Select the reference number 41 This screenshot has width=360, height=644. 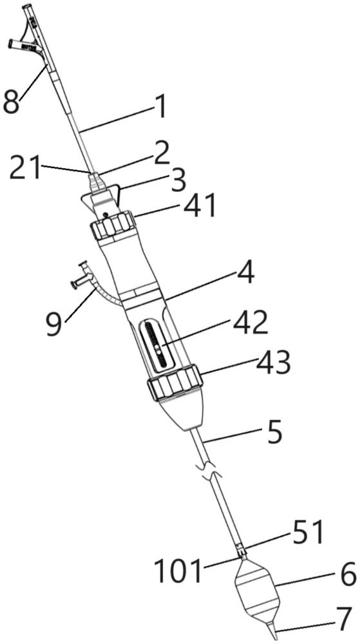click(x=200, y=205)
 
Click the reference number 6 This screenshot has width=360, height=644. click(x=348, y=576)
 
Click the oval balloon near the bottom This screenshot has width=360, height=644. click(x=258, y=590)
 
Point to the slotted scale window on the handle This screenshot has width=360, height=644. click(x=156, y=344)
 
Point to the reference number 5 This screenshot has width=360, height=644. click(x=274, y=436)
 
